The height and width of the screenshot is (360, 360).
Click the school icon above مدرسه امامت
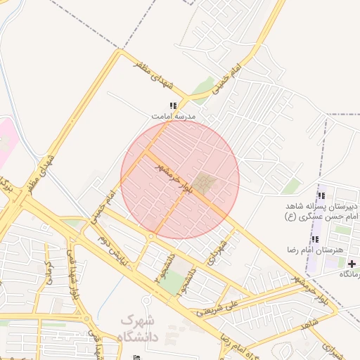click(173, 105)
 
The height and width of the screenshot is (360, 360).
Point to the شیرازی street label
click(330, 349)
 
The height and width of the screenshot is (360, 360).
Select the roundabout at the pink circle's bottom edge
click(150, 238)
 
